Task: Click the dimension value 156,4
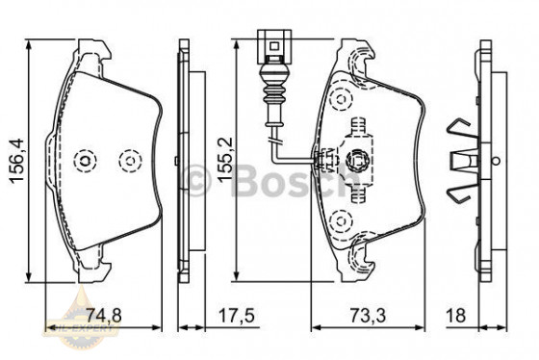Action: (x=13, y=160)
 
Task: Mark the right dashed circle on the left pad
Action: (x=127, y=160)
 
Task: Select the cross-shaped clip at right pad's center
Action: (x=360, y=160)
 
